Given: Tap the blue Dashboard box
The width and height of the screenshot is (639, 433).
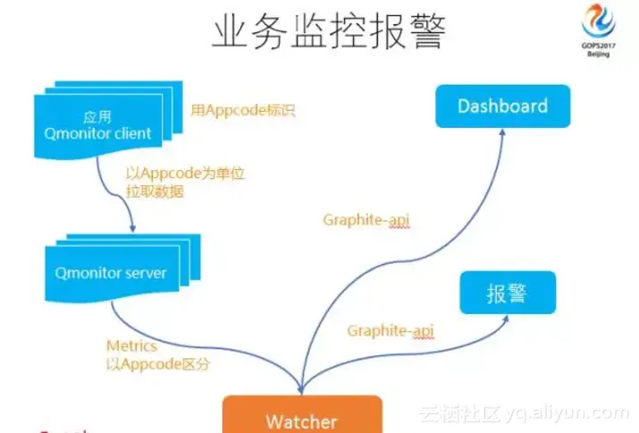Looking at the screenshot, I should pos(502,106).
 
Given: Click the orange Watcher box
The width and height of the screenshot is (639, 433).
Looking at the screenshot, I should pos(301,420).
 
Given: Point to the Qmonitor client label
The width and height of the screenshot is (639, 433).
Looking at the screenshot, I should pos(97,134).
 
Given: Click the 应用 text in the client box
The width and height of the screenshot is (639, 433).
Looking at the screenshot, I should pos(96,117).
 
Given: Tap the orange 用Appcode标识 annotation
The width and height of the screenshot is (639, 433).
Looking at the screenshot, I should pos(242,112).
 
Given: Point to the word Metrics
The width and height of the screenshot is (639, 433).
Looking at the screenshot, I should pos(130,345).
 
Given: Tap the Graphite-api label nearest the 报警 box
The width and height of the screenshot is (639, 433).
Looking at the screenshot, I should pos(391,331).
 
